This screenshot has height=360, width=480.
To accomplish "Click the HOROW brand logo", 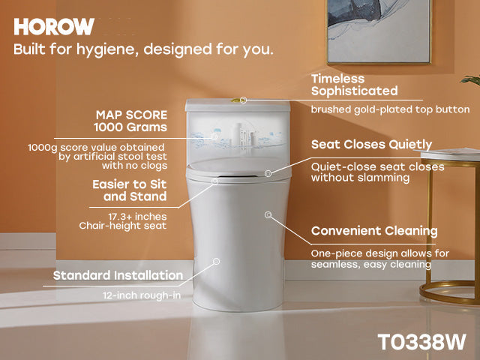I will (x=54, y=27).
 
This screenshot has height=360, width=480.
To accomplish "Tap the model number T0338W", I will (x=422, y=341).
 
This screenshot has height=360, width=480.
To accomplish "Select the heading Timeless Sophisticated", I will (x=354, y=85).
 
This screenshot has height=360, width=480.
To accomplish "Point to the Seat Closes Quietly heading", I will (x=371, y=144).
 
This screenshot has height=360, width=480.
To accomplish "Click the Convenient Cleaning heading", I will (x=374, y=231).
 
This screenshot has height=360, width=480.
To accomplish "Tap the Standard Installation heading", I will (x=118, y=275).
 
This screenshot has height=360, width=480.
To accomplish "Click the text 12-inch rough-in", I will (x=142, y=295).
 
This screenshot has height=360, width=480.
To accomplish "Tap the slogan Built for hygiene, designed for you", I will (x=143, y=50).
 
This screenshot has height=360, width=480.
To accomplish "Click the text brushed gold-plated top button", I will (x=390, y=109).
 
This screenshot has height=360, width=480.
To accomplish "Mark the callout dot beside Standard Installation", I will (x=216, y=262).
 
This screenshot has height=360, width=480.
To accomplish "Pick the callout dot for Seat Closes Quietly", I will (x=268, y=174).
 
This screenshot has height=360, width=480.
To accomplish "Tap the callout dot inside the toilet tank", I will (x=214, y=137).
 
